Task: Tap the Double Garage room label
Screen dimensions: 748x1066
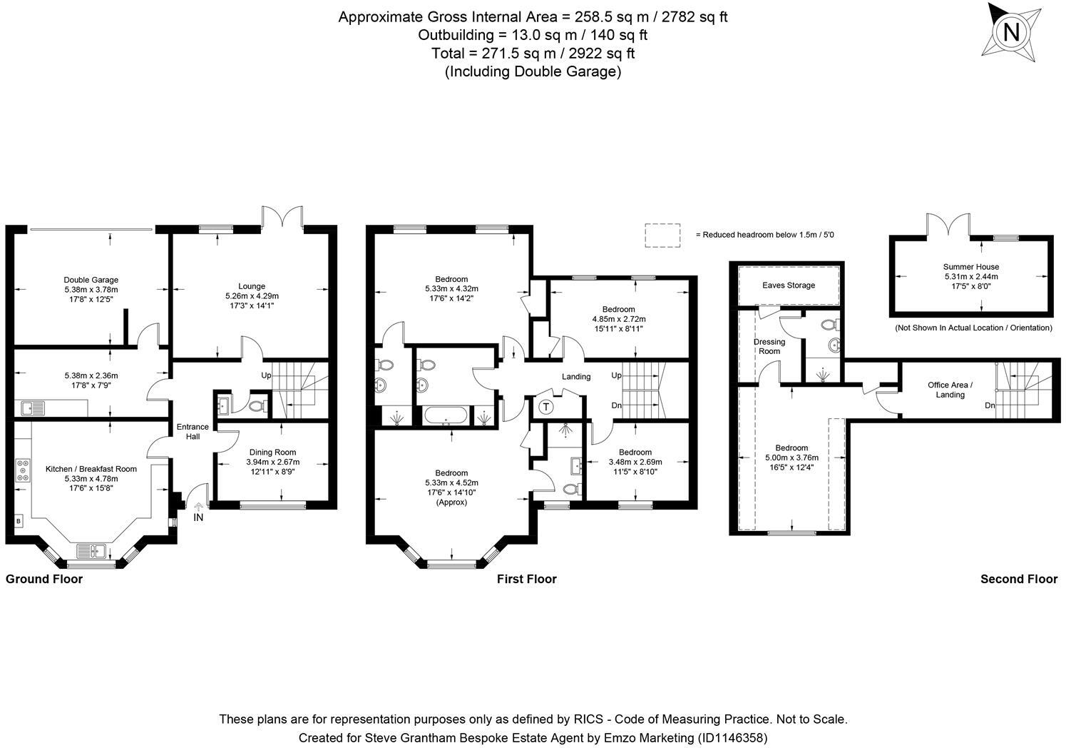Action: coord(91,280)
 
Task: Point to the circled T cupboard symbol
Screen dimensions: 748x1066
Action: coord(546,408)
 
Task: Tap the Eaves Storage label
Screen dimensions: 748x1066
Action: coord(788,285)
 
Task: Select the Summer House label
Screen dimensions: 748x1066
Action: coord(971,267)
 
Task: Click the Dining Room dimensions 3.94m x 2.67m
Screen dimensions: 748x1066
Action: coord(274,462)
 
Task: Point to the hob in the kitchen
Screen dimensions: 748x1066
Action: coord(23,470)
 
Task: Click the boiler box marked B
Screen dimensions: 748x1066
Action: coord(18,520)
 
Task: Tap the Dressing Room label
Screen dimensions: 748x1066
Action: coord(769,346)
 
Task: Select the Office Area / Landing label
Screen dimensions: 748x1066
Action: coord(950,390)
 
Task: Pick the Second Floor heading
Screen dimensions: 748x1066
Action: coord(1018,579)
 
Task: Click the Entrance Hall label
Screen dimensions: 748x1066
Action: coord(193,432)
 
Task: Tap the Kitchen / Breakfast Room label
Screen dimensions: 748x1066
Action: coord(91,469)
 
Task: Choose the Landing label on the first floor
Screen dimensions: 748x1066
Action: coord(575,376)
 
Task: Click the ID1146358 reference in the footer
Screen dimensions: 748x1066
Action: coord(732,737)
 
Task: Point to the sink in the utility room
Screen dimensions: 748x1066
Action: coord(32,408)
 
